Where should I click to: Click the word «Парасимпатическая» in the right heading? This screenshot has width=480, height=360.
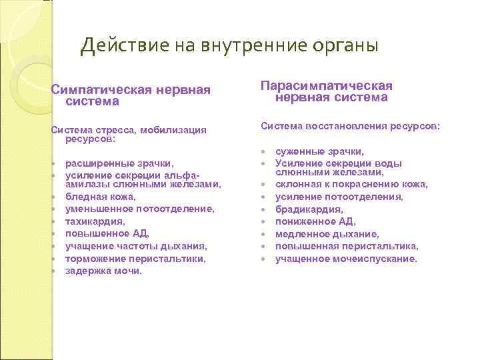(327, 86)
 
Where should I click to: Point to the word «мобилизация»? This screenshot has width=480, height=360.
(173, 129)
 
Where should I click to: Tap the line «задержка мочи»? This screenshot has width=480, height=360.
(103, 271)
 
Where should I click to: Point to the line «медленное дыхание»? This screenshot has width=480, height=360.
(327, 234)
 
